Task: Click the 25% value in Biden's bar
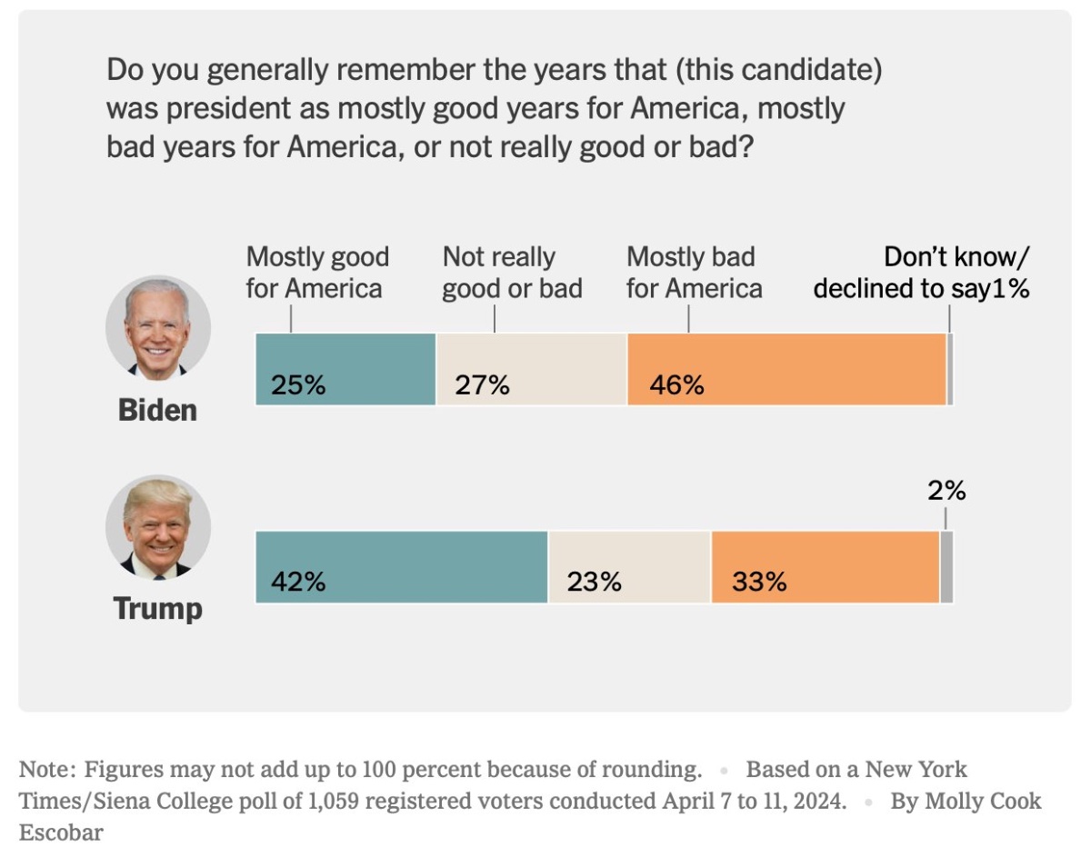pyautogui.click(x=298, y=385)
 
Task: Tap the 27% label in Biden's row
pyautogui.click(x=483, y=385)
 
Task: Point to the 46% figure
pyautogui.click(x=676, y=385)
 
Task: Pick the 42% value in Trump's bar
pyautogui.click(x=298, y=582)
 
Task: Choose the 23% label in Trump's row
pyautogui.click(x=594, y=582)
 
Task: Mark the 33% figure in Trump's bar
pyautogui.click(x=758, y=582)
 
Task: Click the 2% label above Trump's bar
pyautogui.click(x=946, y=492)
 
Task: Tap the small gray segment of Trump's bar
pyautogui.click(x=946, y=567)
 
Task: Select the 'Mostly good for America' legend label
pyautogui.click(x=317, y=273)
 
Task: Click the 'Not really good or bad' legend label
pyautogui.click(x=512, y=273)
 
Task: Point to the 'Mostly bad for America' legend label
pyautogui.click(x=694, y=273)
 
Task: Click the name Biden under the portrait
pyautogui.click(x=157, y=410)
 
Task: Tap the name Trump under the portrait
pyautogui.click(x=157, y=608)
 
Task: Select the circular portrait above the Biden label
pyautogui.click(x=158, y=327)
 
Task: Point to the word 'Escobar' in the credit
pyautogui.click(x=61, y=832)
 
